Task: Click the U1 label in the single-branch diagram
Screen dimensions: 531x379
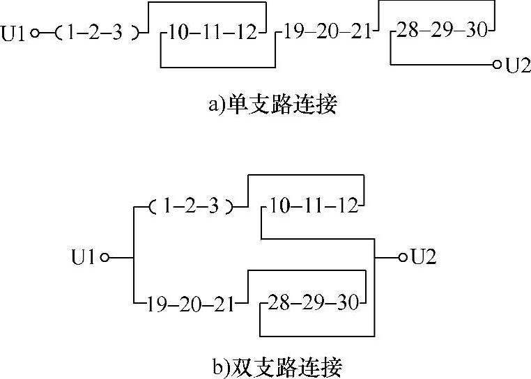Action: click(x=15, y=32)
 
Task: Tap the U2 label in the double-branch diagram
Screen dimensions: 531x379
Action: click(x=424, y=258)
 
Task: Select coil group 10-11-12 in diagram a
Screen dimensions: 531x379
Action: click(x=212, y=32)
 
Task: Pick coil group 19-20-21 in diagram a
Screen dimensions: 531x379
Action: click(x=328, y=32)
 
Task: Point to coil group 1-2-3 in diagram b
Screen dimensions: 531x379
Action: click(x=193, y=206)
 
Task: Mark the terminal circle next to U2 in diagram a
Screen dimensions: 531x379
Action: click(x=497, y=65)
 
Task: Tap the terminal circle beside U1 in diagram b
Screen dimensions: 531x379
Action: click(x=104, y=258)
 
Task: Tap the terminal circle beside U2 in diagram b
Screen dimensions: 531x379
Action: click(x=402, y=258)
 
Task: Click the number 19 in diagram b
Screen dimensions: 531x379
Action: click(x=155, y=303)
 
